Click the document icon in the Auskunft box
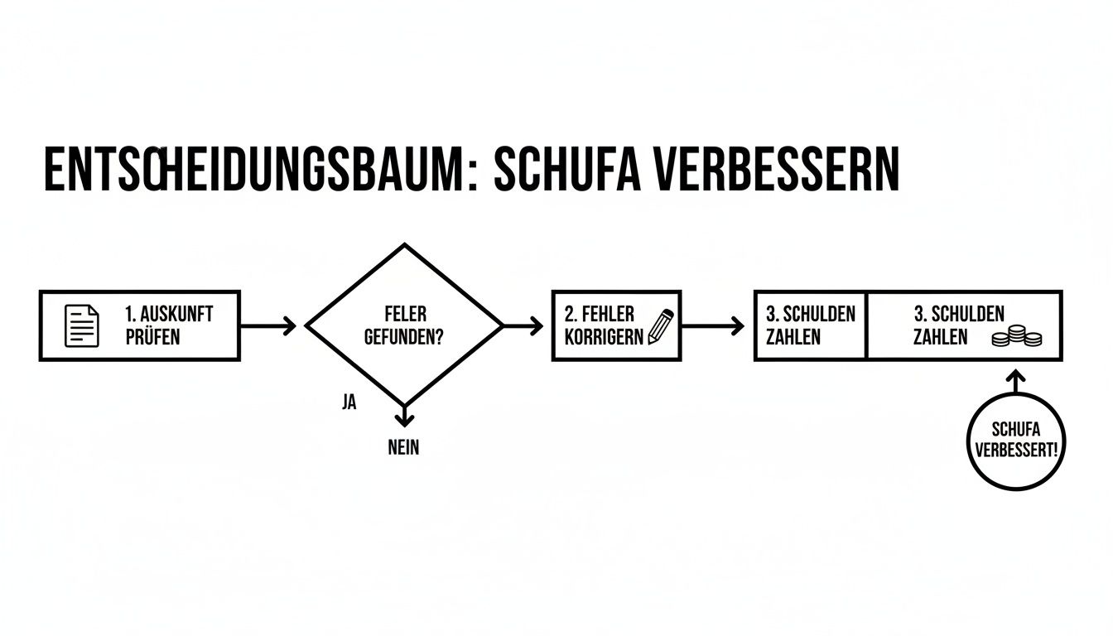tap(81, 325)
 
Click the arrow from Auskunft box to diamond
tap(268, 325)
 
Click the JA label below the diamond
tap(349, 403)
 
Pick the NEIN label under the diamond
tap(403, 448)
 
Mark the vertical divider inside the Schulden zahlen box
tap(866, 325)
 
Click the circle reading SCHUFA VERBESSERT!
tap(1016, 440)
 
